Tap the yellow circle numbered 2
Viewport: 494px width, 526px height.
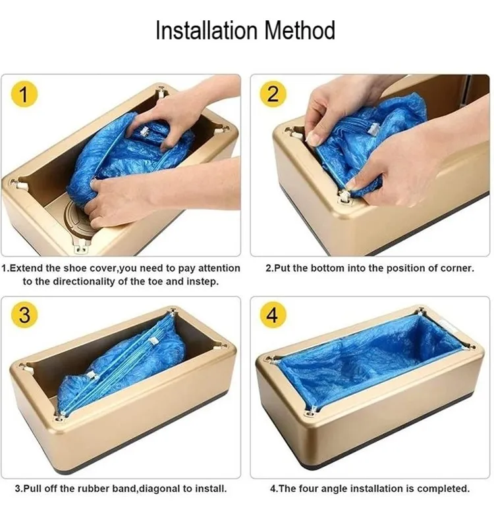(x=272, y=95)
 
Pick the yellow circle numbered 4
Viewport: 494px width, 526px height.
(x=272, y=315)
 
